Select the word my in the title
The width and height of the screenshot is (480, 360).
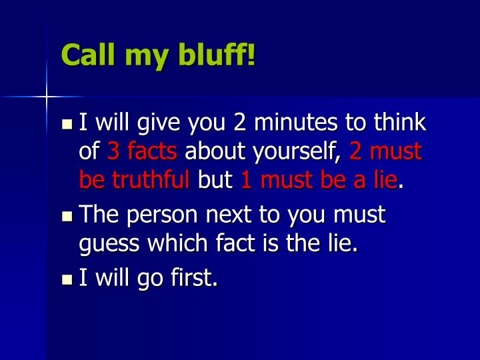pos(145,57)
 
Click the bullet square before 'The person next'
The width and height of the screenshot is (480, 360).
pos(67,217)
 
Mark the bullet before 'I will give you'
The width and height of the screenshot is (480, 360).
pos(67,125)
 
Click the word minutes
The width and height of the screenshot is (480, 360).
pos(296,123)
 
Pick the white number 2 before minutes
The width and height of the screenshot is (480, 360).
pos(240,123)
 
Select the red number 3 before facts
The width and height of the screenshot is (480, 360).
pos(113,151)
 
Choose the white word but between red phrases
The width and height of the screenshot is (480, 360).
pos(215,179)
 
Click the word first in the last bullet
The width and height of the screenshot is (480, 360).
pos(196,277)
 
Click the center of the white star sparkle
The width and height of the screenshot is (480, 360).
pos(47,97)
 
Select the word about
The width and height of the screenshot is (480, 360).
pos(213,151)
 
